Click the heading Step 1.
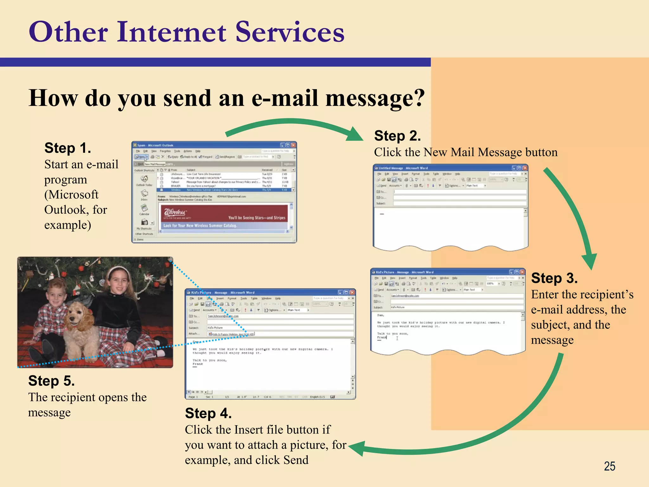67,148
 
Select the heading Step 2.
397,136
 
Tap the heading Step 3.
554,278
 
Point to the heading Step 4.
208,413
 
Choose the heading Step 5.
51,381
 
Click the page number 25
609,466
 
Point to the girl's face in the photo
118,282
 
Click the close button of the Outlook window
293,145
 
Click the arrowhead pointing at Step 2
355,134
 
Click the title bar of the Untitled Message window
444,168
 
